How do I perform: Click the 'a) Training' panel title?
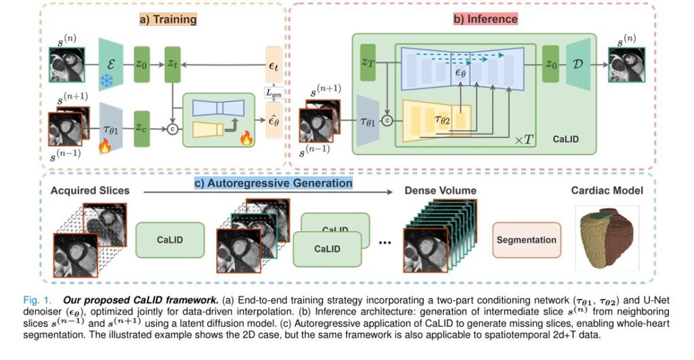point(167,19)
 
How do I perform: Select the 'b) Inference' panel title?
point(485,19)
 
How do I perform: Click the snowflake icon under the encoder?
point(108,81)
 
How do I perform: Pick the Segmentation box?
point(527,240)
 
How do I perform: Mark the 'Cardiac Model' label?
point(606,191)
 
